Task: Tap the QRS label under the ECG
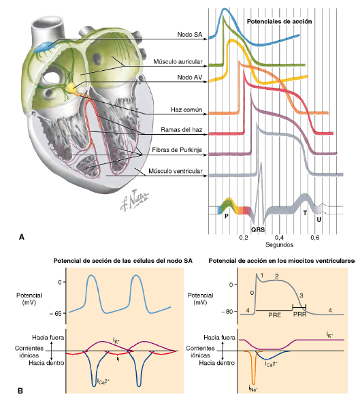pyautogui.click(x=258, y=230)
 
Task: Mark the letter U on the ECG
pyautogui.click(x=318, y=220)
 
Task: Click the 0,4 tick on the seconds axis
pyautogui.click(x=279, y=238)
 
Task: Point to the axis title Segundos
pyautogui.click(x=279, y=244)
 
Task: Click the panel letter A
pyautogui.click(x=22, y=237)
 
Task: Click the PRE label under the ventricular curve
pyautogui.click(x=274, y=315)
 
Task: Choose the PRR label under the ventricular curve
pyautogui.click(x=300, y=315)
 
